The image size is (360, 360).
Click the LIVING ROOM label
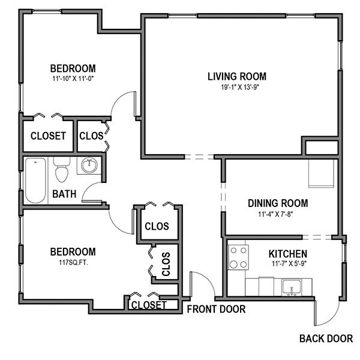click(x=236, y=76)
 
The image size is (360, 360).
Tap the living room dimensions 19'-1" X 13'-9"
click(x=236, y=87)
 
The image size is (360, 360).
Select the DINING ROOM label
click(x=278, y=203)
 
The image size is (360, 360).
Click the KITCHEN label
click(x=287, y=254)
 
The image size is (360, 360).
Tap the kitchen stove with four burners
click(x=239, y=257)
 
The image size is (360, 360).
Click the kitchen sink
click(x=293, y=287)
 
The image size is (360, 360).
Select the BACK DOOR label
click(x=326, y=338)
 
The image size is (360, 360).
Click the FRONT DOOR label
click(x=216, y=310)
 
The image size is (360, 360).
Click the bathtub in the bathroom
click(x=35, y=180)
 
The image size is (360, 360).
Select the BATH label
click(x=64, y=194)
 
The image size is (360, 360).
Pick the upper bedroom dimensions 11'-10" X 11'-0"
click(x=73, y=79)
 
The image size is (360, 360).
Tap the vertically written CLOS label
click(x=166, y=262)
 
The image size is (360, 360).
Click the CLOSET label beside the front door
click(x=148, y=305)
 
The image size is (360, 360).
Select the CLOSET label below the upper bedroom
click(x=48, y=136)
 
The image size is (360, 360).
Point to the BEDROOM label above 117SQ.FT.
click(x=73, y=251)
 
